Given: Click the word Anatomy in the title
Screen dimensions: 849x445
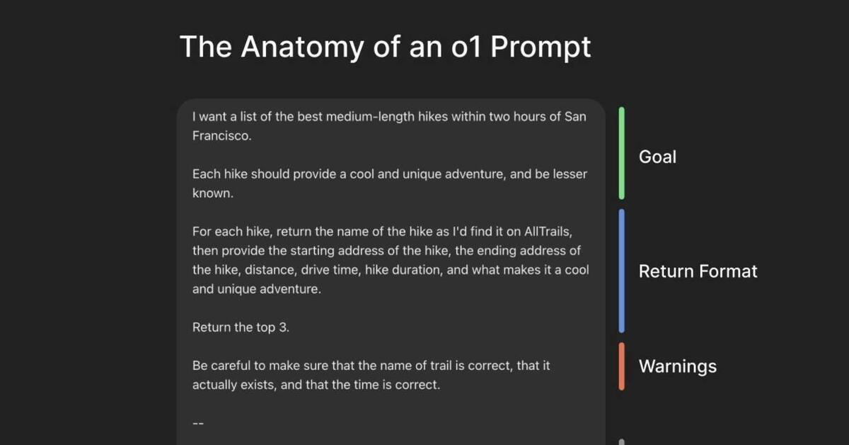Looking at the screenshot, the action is click(303, 47).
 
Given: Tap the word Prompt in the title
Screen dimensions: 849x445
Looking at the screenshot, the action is click(541, 48).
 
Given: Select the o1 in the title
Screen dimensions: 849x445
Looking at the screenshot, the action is click(466, 47).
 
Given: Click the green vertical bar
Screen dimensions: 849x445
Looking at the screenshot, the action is click(622, 153).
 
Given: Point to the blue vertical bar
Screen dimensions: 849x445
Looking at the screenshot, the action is click(622, 271).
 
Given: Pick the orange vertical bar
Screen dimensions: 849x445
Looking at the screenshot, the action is click(622, 366).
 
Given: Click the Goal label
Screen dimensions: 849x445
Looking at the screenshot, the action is click(657, 157).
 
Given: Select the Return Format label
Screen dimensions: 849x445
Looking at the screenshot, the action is click(698, 271).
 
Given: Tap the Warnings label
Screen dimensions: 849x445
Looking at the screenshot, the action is click(678, 367).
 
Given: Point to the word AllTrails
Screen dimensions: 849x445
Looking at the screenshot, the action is click(548, 231).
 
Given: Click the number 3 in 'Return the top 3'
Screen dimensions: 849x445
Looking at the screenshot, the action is click(284, 327).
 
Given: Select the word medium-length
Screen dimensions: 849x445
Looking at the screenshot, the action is click(370, 117).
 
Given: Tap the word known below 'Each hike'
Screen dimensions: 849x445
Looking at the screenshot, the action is click(213, 193).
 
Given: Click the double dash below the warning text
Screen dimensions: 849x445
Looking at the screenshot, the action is click(198, 423).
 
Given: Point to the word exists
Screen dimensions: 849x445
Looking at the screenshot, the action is click(259, 385).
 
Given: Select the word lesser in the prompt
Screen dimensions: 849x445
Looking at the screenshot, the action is click(570, 174).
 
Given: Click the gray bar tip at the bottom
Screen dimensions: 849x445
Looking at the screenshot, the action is click(622, 442).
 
